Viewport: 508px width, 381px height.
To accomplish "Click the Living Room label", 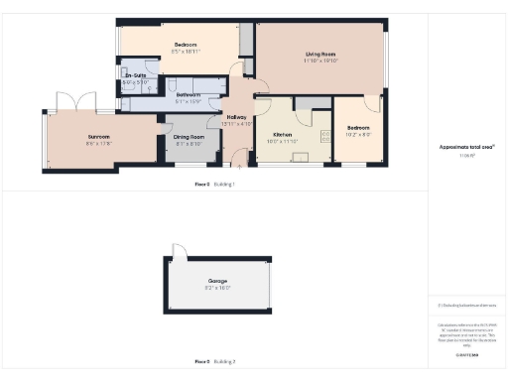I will tap(319, 54).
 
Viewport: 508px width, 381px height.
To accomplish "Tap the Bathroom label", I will tap(189, 94).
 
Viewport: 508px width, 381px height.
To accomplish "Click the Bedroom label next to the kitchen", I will tap(358, 127).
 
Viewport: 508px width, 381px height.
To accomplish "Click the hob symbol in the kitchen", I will tap(325, 138).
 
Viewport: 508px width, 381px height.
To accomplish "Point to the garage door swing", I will tap(180, 256).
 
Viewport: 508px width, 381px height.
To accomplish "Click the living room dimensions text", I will tap(320, 61).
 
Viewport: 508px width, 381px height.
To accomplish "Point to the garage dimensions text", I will tap(217, 288).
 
